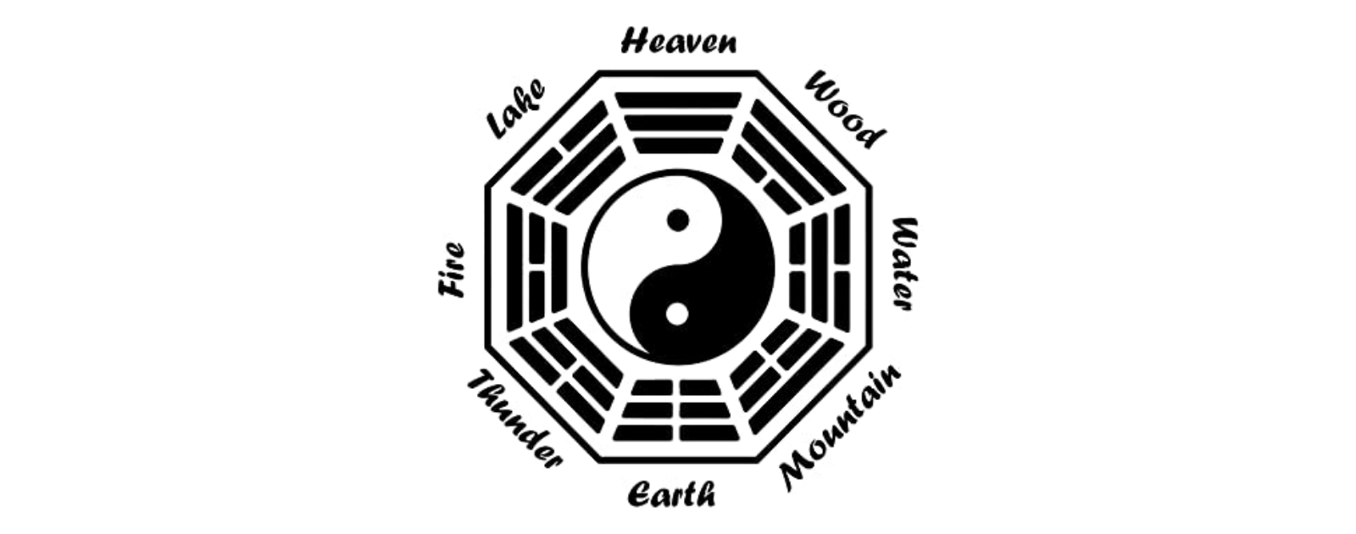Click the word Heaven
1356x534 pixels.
679,42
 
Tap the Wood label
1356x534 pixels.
844,109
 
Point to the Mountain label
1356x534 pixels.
840,427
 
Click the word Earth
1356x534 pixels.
671,494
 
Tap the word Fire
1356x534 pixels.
452,270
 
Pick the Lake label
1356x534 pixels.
516,109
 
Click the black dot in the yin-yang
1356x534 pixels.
678,220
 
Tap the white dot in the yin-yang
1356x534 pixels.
677,314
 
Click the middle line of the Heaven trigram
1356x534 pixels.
678,123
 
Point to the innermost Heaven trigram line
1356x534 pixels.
678,146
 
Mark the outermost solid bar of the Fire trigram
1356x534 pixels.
514,268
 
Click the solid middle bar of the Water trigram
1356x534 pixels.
820,268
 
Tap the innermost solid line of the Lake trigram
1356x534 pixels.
590,181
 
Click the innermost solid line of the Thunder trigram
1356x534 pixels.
588,353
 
